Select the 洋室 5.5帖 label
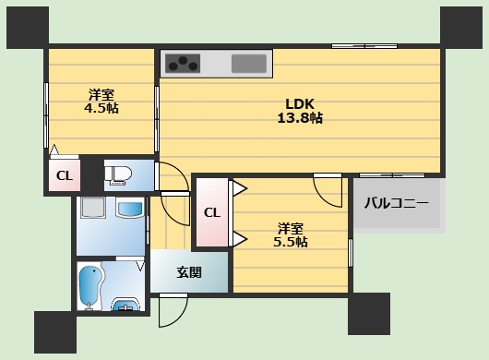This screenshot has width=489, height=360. tap(292, 234)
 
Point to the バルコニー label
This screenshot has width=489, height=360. tap(395, 202)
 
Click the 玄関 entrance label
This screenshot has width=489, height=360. tap(189, 272)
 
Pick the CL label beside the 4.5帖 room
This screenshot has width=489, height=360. tap(64, 175)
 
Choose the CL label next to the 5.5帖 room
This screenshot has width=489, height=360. tap(211, 212)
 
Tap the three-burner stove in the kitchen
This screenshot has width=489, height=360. tap(184, 64)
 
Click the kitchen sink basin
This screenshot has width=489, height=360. tap(249, 64)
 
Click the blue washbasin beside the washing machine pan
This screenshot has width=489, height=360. tap(131, 211)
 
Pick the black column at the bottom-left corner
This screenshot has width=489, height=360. tap(54, 331)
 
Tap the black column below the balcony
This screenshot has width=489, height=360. tap(368, 314)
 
